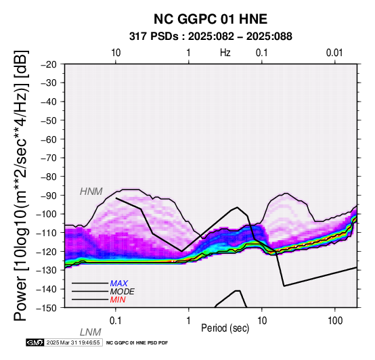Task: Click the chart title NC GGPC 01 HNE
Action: point(211,19)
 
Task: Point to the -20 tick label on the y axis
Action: point(49,64)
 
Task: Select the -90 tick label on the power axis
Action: point(49,196)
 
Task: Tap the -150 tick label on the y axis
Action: point(47,308)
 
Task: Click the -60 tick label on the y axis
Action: point(49,139)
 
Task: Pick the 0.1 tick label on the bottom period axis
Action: point(115,321)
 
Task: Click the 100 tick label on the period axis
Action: point(335,321)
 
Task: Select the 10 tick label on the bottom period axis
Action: point(262,321)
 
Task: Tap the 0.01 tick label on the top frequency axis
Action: point(334,53)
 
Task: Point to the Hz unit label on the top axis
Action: point(225,53)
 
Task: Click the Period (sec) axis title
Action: point(225,328)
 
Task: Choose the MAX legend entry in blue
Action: point(119,284)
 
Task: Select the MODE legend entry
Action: point(122,292)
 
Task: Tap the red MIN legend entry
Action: point(118,300)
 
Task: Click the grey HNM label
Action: point(91,192)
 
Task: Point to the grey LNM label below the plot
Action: point(91,332)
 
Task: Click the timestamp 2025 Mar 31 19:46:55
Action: point(73,343)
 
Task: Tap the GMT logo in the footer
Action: point(35,342)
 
